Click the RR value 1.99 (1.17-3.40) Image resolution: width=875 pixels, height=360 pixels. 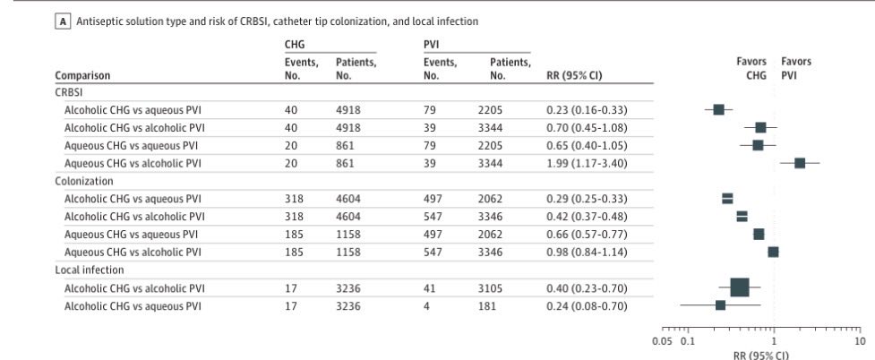[586, 163]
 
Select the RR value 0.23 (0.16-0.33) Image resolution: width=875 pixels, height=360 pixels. [586, 109]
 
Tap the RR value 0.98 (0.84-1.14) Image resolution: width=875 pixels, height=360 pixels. [586, 252]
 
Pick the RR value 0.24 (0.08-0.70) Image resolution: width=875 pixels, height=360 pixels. [586, 305]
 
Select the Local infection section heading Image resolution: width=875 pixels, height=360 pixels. [89, 270]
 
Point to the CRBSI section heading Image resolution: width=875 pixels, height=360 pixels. [70, 91]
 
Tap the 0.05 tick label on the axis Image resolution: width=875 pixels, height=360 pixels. [663, 340]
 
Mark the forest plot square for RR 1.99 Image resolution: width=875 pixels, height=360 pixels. [800, 163]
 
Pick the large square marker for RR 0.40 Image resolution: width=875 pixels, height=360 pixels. [740, 287]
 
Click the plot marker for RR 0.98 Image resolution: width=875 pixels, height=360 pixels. [773, 252]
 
